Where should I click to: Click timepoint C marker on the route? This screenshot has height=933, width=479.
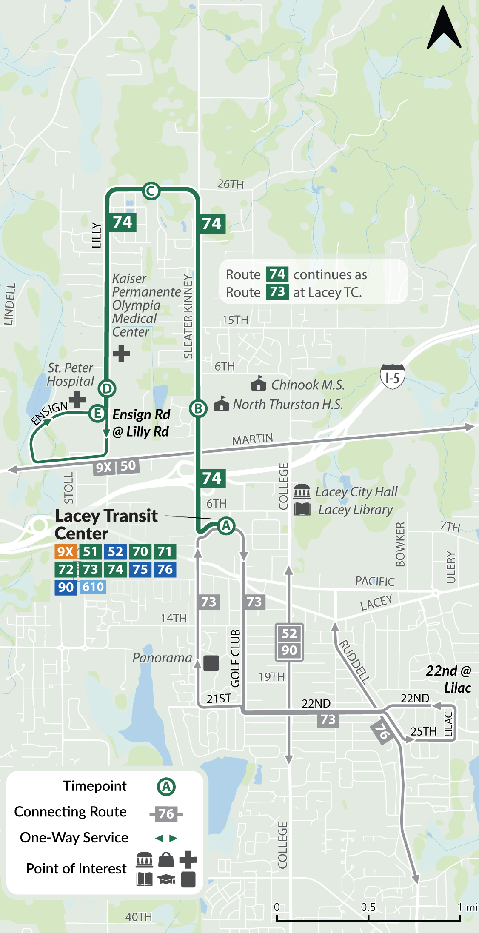click(x=151, y=191)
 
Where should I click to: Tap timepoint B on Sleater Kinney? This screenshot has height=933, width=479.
click(x=198, y=408)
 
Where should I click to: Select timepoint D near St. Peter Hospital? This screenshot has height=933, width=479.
click(x=107, y=388)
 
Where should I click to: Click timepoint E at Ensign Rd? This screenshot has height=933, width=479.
click(x=97, y=413)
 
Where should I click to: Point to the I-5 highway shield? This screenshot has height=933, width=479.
click(x=392, y=377)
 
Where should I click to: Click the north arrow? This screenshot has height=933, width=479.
click(x=444, y=28)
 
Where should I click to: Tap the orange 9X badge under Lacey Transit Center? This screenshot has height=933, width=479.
click(x=66, y=552)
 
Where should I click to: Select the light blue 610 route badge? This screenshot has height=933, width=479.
click(x=93, y=587)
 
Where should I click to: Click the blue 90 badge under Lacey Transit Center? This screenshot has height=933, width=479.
click(x=66, y=588)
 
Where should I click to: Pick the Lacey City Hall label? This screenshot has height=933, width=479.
click(x=356, y=492)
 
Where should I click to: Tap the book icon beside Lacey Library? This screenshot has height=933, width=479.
click(x=302, y=509)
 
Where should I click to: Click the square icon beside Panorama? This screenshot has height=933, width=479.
click(x=211, y=663)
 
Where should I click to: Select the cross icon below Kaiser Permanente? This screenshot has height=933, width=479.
click(x=121, y=353)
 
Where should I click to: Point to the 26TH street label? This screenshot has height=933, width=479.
click(x=231, y=184)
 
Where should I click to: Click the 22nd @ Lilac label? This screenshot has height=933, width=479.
click(x=449, y=679)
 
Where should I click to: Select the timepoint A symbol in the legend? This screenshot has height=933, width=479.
click(x=166, y=787)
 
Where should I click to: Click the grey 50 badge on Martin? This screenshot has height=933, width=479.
click(x=128, y=465)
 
